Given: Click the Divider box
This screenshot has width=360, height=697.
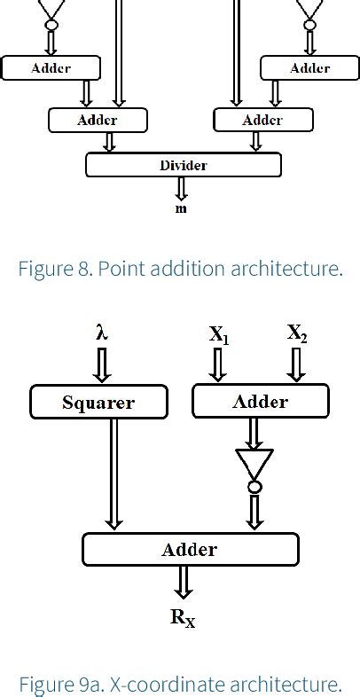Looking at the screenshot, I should [183, 165].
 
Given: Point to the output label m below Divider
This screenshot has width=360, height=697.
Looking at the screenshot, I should [181, 208].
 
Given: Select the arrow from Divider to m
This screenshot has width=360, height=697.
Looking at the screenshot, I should [181, 188].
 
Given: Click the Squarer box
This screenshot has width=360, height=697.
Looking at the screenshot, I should [98, 402].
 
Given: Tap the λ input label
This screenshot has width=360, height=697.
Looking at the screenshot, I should [101, 333].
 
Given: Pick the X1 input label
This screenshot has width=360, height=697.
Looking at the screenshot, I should [219, 334].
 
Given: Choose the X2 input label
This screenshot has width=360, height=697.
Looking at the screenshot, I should [297, 333].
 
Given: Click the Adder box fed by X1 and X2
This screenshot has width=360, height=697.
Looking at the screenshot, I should [260, 402].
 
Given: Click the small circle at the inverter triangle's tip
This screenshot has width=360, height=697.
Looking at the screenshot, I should [254, 487].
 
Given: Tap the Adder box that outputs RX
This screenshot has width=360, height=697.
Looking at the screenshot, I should [190, 549].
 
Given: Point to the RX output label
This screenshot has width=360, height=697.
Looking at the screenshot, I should [183, 618].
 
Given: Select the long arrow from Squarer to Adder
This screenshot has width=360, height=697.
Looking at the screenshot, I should [113, 475].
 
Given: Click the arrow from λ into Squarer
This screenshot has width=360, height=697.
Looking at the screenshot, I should [101, 364].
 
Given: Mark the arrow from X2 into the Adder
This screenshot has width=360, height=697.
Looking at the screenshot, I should [297, 364].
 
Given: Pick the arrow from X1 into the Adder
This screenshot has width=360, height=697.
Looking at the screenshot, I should [218, 364].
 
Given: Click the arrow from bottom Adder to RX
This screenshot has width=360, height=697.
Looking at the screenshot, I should [183, 582].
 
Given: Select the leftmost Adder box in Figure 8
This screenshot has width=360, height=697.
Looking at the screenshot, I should [51, 67].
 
